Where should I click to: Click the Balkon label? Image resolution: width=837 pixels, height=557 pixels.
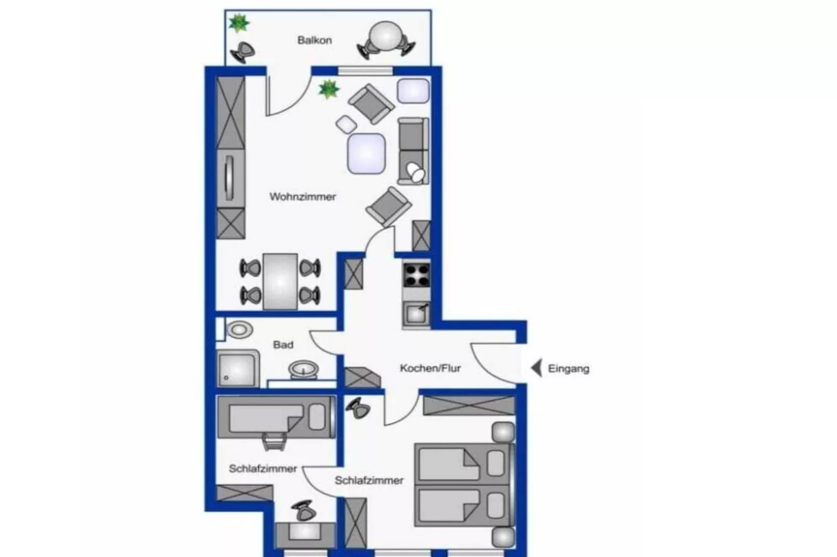coord(314,40)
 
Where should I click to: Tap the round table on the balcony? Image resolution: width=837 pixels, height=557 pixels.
coord(386,37)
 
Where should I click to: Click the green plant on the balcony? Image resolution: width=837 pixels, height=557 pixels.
coord(239,23)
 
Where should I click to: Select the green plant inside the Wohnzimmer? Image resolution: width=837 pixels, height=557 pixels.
coord(328,89)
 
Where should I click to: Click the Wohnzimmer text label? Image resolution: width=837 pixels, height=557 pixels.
coord(302,197)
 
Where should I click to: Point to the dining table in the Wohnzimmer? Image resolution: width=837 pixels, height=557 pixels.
coord(280,282)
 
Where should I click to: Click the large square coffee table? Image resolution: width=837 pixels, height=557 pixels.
coord(366,153)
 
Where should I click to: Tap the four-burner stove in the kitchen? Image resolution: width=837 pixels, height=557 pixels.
coord(416,275)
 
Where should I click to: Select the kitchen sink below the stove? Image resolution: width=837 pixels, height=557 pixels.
coord(416,314)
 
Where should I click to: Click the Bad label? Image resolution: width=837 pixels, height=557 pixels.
coord(283,345)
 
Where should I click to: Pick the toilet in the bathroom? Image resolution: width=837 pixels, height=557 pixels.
coord(240,330)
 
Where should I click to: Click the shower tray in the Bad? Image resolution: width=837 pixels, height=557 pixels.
coord(238,369)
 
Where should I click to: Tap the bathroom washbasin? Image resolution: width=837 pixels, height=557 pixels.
coord(304,369)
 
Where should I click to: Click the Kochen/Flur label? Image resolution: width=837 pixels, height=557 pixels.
coord(430,368)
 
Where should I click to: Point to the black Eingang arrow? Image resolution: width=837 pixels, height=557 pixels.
coord(536,368)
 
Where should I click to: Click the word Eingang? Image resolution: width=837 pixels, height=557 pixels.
coord(569,369)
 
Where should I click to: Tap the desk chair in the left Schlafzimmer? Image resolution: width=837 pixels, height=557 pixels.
coord(303,511)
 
